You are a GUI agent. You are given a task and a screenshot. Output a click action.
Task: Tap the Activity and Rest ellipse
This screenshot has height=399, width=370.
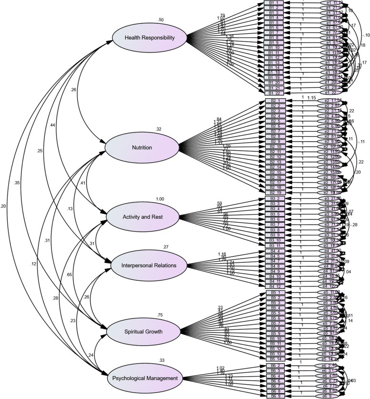[142, 217]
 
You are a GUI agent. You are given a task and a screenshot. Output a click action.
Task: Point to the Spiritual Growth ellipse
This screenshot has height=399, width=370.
[142, 333]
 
